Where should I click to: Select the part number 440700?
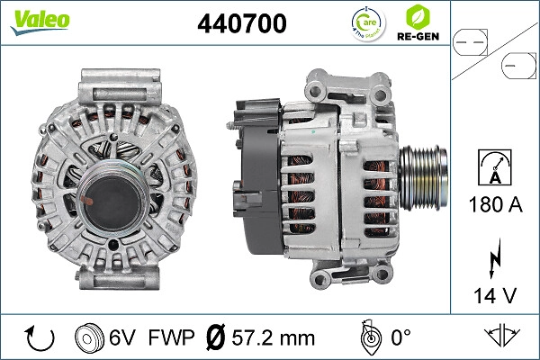pos(241,24)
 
